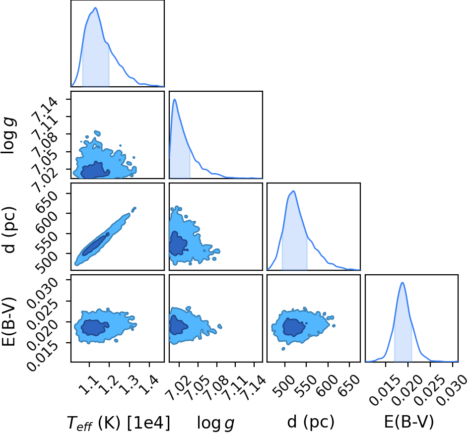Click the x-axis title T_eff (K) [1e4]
[118, 423]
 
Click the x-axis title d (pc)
[311, 422]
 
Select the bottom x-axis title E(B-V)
[409, 422]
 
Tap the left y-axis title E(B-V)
[8, 322]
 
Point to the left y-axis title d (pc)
[9, 230]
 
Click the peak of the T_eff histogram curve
[95, 8]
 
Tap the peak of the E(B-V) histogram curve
[402, 283]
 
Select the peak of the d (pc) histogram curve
[293, 191]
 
